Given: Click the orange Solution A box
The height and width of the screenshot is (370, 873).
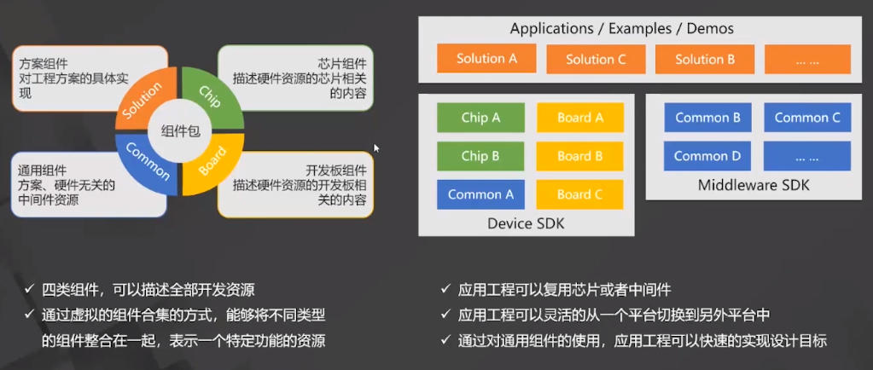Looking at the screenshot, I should (486, 59).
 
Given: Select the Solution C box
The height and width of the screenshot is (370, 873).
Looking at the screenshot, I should (596, 59).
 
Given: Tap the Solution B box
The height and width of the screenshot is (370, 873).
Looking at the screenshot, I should (705, 59).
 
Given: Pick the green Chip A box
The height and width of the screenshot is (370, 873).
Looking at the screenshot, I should (480, 118).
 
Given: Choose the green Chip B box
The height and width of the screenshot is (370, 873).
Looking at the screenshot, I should (480, 156).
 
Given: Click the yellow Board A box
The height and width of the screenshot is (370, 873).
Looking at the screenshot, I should (580, 118).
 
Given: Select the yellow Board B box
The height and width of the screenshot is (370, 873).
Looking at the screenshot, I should (580, 156).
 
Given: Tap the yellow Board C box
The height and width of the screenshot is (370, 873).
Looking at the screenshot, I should (580, 194).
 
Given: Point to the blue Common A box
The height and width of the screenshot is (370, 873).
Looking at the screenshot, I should (480, 194).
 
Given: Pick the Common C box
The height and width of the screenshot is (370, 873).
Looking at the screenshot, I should (807, 118).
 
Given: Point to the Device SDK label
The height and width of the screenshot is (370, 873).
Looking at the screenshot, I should (526, 223).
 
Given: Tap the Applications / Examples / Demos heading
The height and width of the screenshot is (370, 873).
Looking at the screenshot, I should (621, 28).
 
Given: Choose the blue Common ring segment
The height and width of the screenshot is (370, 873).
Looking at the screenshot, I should (145, 162).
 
